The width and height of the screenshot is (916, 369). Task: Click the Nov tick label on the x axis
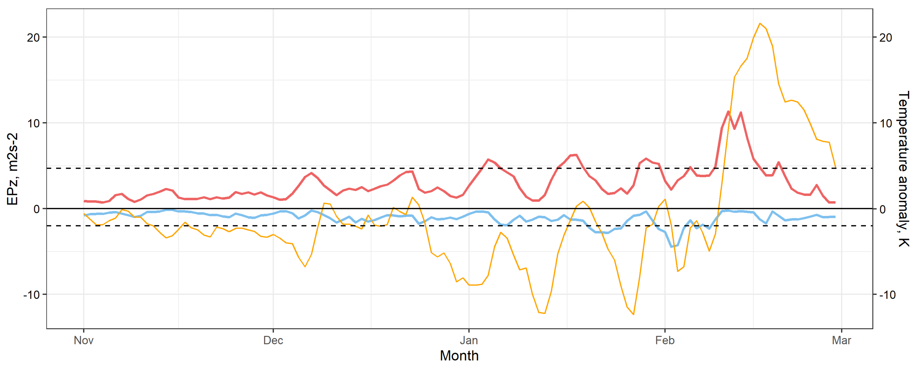click(x=84, y=340)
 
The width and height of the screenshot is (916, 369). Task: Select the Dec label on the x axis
click(x=273, y=340)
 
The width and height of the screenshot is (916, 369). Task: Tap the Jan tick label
click(x=469, y=340)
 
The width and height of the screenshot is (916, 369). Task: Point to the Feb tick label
click(x=665, y=340)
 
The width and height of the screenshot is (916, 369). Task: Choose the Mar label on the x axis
click(x=841, y=340)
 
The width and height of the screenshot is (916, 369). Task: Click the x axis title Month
click(x=459, y=356)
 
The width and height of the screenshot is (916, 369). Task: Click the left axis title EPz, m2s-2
click(x=12, y=169)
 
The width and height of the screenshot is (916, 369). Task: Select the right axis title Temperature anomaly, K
click(x=904, y=169)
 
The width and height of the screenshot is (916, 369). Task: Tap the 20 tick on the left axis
click(x=33, y=37)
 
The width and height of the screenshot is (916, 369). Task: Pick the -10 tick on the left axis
click(x=31, y=295)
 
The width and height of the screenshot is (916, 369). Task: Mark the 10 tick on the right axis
click(x=885, y=123)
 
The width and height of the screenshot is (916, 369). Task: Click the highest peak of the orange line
click(x=760, y=24)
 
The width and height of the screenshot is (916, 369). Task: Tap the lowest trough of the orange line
click(x=634, y=314)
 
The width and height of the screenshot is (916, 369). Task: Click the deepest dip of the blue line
click(x=671, y=247)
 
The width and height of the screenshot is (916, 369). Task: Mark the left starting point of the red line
click(x=84, y=201)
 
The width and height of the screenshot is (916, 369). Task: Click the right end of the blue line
click(x=835, y=217)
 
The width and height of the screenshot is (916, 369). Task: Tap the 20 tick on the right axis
click(x=885, y=37)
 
